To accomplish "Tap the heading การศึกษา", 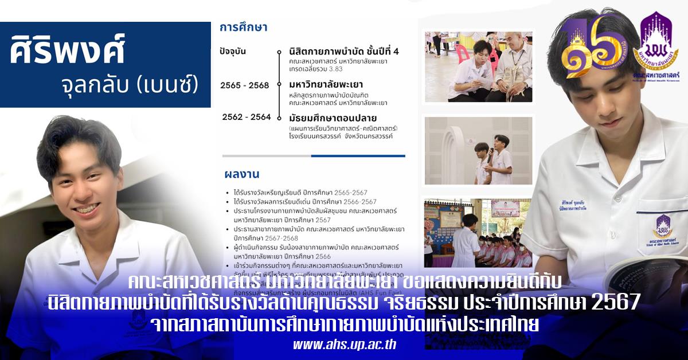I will pos(244,27).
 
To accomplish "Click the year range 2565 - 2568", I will pos(244,85).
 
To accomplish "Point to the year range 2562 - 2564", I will pos(247,117).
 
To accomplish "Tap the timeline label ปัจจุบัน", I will pos(232,51).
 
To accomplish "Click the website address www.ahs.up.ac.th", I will pos(344,345).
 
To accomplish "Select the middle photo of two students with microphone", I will pos(478,151).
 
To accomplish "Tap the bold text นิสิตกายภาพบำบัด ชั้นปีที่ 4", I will pos(344,52).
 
